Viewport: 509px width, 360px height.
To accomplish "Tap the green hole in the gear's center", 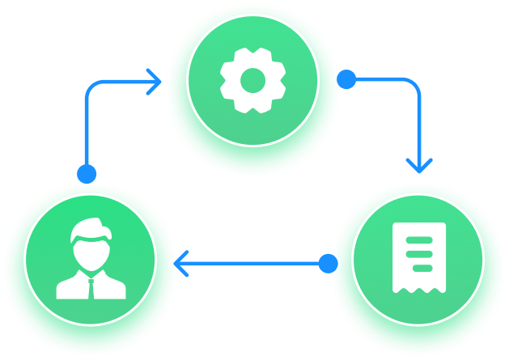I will pos(253,79).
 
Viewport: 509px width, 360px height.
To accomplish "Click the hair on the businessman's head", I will pos(88,228).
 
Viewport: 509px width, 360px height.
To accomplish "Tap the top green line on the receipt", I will pos(418,239).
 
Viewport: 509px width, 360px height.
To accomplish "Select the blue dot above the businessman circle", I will pos(87,173).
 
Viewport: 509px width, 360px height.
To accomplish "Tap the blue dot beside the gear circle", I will pos(346,79).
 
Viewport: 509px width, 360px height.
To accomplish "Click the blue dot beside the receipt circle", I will pos(328,264).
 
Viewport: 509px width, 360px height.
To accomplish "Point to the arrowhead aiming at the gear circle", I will pos(154,82).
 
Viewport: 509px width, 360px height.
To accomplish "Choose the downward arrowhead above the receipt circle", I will pos(418,164).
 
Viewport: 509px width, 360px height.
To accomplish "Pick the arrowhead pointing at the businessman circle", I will pos(181,264).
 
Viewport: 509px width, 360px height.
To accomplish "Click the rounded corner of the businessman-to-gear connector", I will pos(90,87).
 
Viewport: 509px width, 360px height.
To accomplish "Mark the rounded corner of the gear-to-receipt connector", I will pos(415,84).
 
